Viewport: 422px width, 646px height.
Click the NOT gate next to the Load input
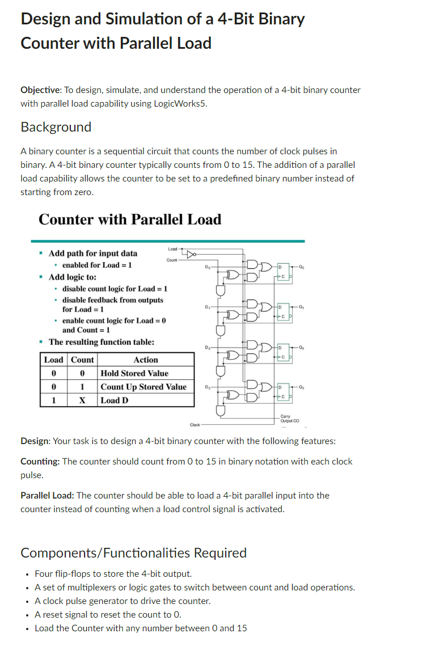coord(191,254)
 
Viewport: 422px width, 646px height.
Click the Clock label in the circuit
coord(195,424)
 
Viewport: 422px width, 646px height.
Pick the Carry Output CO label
coord(289,419)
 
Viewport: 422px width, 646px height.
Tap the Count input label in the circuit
coord(172,260)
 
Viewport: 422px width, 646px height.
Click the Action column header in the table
coord(146,360)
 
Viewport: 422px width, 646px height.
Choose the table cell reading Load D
coord(115,400)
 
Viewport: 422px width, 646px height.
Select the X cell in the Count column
coord(82,400)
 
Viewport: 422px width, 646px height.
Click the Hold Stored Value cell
coord(134,373)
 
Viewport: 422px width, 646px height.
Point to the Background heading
coord(56,127)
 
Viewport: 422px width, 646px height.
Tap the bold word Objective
coord(41,90)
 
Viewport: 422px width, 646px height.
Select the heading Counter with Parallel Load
coord(130,219)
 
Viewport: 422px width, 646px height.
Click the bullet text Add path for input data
coord(92,253)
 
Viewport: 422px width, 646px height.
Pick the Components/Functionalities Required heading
coord(133,552)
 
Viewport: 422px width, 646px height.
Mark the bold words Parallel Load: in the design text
coord(47,495)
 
